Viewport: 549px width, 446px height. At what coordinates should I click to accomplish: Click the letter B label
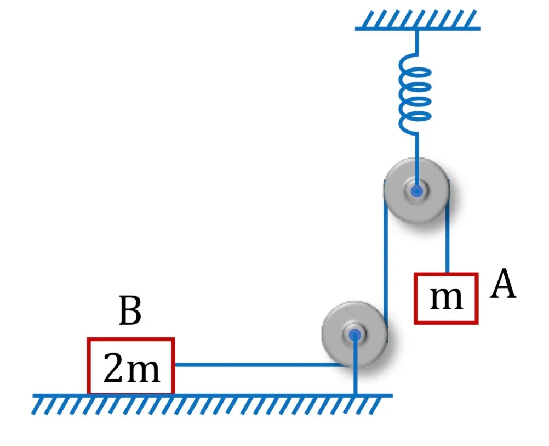click(x=130, y=310)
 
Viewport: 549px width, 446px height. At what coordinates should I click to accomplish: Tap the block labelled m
click(x=446, y=298)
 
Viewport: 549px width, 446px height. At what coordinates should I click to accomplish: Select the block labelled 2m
click(x=131, y=366)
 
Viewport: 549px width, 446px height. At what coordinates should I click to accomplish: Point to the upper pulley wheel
click(x=416, y=191)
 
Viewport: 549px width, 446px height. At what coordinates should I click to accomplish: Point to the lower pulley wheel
click(x=354, y=334)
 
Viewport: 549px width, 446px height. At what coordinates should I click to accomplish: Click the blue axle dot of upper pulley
click(x=416, y=191)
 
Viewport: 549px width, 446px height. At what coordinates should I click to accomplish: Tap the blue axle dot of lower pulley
click(x=354, y=335)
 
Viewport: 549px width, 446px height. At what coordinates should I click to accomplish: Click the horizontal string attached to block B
click(x=261, y=365)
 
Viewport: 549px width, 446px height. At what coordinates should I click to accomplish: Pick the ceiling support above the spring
click(x=418, y=20)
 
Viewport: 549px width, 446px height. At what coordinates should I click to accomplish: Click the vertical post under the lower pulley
click(x=356, y=365)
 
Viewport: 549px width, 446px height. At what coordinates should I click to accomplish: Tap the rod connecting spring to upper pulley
click(x=417, y=162)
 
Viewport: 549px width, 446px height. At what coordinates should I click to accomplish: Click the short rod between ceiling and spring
click(x=417, y=42)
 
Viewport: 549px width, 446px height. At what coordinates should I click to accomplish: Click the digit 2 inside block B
click(x=113, y=368)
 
